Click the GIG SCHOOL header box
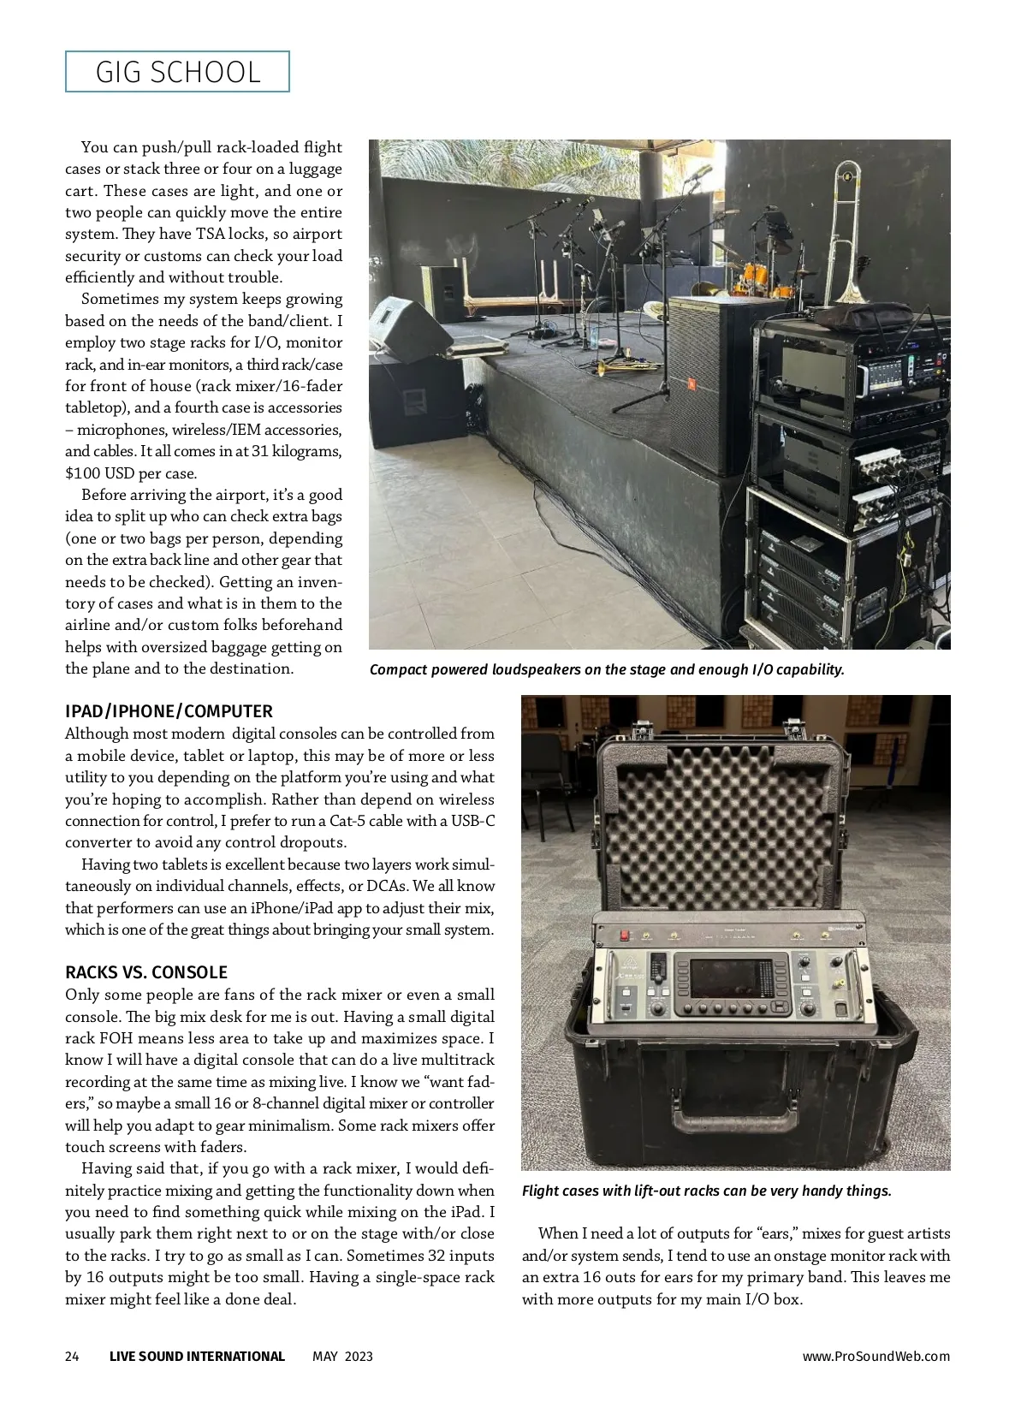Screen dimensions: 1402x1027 (x=177, y=72)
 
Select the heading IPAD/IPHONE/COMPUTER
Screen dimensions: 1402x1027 (x=169, y=711)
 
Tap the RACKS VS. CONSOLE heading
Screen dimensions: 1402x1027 (x=146, y=972)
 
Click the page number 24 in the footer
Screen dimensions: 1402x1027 (x=72, y=1356)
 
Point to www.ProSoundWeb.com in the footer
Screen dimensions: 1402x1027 (x=876, y=1356)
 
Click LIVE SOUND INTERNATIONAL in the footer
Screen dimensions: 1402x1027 (x=197, y=1356)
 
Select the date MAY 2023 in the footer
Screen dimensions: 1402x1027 (x=342, y=1356)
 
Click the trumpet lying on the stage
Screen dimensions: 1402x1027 (x=616, y=367)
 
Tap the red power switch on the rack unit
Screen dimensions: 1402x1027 (x=625, y=936)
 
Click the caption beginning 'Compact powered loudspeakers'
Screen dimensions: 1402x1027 (x=607, y=669)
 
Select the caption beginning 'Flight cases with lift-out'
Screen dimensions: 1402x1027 (x=707, y=1191)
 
